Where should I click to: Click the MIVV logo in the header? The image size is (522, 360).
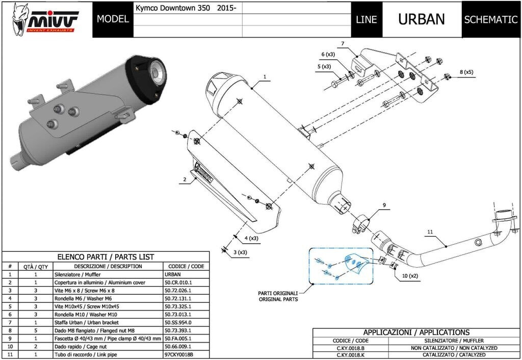pos(46,19)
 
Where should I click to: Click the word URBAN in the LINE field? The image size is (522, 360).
pos(421,19)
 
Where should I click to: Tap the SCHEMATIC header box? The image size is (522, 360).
pos(490,20)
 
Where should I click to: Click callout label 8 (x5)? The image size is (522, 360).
pos(466,72)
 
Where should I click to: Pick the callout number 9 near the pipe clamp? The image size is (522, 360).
pos(385,205)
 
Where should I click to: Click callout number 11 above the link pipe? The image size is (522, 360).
pos(430,232)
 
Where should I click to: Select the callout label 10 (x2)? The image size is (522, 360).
pos(407,276)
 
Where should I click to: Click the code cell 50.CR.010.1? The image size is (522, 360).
pos(178,282)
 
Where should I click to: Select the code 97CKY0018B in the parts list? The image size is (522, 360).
pos(179,354)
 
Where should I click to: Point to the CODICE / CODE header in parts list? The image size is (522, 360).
pos(186,266)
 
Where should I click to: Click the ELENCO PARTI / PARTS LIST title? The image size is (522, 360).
pos(106,257)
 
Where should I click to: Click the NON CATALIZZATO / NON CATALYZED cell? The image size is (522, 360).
pos(453,348)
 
